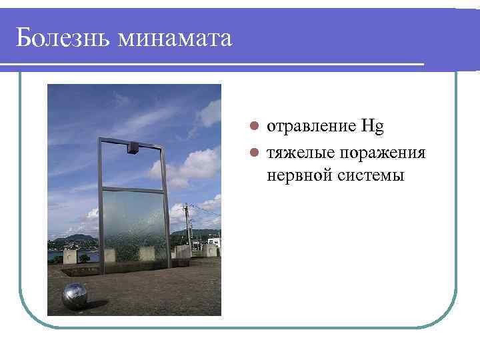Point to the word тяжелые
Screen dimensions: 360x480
[301, 153]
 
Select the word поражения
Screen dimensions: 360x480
[382, 153]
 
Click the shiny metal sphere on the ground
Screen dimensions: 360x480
[74, 295]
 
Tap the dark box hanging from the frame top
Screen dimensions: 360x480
[132, 148]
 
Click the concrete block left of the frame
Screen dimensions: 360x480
[70, 256]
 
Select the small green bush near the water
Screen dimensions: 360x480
[84, 258]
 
